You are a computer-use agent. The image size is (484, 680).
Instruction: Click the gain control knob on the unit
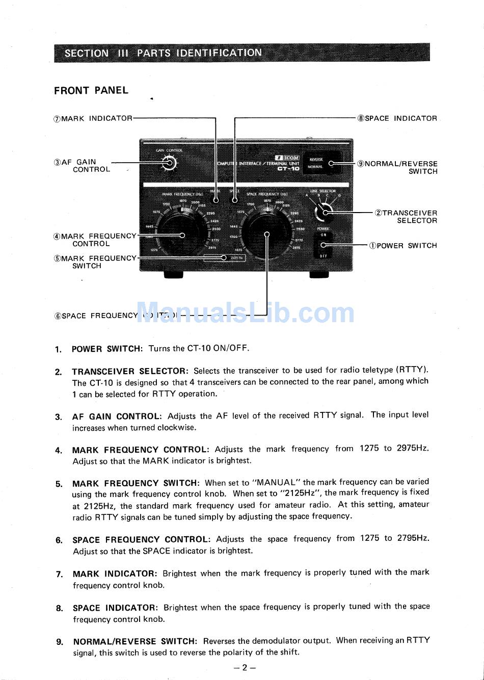point(169,163)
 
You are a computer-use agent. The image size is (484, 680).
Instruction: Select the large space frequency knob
point(266,234)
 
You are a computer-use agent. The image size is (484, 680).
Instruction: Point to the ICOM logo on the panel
point(288,158)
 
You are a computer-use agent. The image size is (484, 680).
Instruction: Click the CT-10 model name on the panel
point(288,168)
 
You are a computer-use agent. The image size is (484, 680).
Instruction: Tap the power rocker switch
point(324,245)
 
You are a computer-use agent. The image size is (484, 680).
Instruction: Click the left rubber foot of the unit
point(173,275)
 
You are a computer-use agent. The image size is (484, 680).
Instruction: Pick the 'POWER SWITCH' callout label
point(403,246)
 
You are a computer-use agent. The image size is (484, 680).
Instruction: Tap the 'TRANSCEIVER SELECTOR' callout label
point(406,217)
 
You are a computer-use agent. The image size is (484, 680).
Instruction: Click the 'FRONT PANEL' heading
point(91,91)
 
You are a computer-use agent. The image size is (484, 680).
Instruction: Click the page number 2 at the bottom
point(245,667)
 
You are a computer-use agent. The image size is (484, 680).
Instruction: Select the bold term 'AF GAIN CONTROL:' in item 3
point(117,416)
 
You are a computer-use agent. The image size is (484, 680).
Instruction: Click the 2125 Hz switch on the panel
point(235,258)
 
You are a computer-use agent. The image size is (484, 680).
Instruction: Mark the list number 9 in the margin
point(59,642)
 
